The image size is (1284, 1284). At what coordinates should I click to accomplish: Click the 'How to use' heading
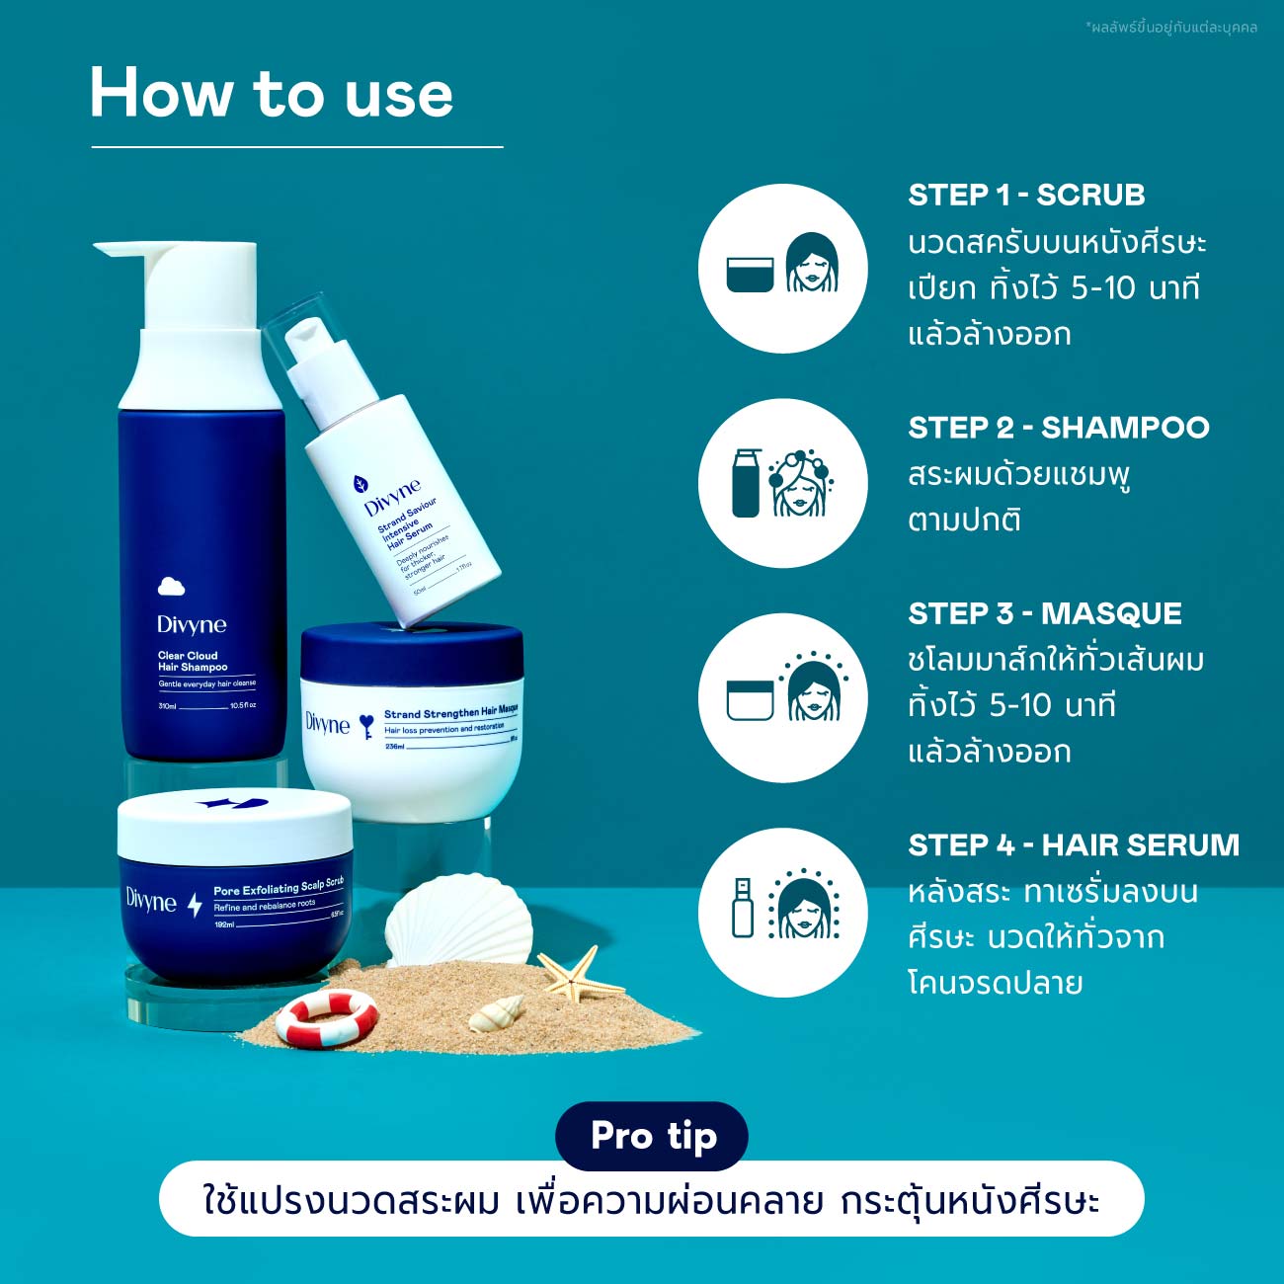coord(272,94)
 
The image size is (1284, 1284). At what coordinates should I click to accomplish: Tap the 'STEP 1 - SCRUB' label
coord(1026,195)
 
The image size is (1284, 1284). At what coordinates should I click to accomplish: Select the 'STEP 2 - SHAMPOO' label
coord(1058,427)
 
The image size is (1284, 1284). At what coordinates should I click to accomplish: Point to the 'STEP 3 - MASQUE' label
coord(1044,613)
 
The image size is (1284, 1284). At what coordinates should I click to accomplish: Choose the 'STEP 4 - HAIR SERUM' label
coord(1073,845)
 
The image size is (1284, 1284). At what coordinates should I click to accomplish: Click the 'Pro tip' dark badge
coord(652,1136)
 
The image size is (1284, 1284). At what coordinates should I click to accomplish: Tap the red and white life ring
coord(326,1017)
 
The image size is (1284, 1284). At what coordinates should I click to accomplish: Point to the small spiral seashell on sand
coord(497,1012)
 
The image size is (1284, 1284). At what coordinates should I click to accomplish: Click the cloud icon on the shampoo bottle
coord(171,587)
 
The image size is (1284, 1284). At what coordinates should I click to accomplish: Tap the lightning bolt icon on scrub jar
coord(195,903)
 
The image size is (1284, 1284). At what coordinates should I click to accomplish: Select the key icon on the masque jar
coord(366,726)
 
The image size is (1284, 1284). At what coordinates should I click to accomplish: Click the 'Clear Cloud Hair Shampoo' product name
coord(192,661)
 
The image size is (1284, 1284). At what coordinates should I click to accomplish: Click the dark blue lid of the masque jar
coord(412,652)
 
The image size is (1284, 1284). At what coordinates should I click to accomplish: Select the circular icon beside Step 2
coord(782,483)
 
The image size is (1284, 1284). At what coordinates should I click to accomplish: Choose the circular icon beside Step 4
coord(782,912)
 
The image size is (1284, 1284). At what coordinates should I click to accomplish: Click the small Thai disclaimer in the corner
coord(1170,28)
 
